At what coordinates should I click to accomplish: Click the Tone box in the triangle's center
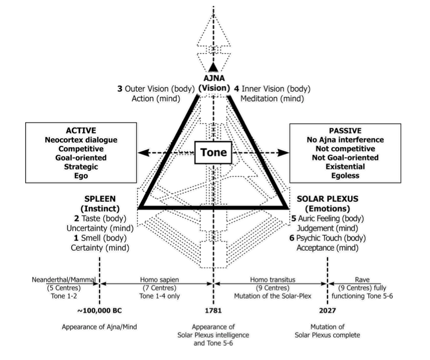coord(213,152)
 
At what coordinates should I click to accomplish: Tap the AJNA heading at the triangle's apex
coord(213,78)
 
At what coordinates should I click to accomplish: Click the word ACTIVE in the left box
coord(80,131)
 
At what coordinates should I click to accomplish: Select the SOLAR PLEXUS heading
coord(327,199)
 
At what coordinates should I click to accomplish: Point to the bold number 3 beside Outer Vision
coord(120,89)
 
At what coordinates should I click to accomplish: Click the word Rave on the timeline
coord(362,279)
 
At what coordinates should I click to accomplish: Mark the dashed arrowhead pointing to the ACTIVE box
coord(142,153)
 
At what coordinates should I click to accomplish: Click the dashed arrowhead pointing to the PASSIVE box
coord(285,153)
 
